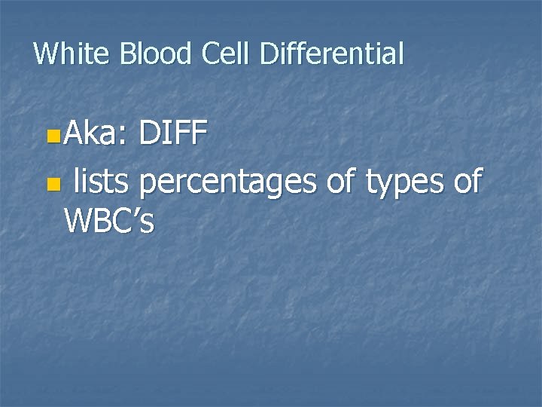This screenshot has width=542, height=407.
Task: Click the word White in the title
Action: coord(65,54)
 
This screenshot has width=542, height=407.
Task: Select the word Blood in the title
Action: coord(148,54)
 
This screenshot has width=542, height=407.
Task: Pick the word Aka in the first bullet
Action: coord(89,136)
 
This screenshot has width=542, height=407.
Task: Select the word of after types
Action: coord(463,183)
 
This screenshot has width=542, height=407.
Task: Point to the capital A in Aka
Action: coord(74,136)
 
